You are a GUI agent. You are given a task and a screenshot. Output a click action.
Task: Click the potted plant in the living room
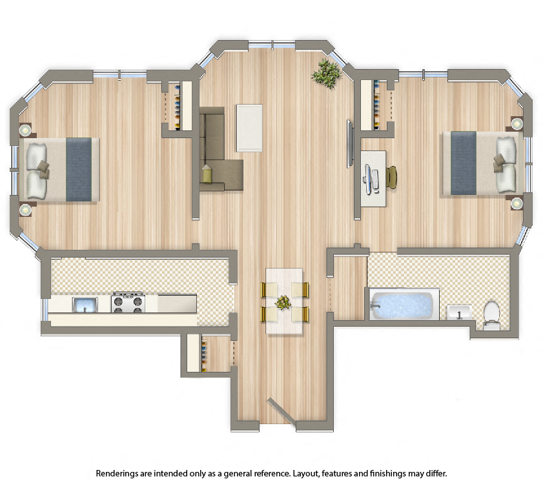click(x=326, y=73)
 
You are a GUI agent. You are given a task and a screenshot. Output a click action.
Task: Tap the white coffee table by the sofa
click(x=250, y=127)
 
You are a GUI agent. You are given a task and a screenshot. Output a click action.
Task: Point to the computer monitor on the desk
click(x=369, y=177)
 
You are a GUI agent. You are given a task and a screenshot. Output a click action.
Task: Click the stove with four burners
click(x=128, y=302)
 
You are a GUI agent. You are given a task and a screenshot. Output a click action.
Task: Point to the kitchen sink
click(x=85, y=303)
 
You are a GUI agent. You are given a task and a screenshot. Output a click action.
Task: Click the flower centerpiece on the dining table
click(x=283, y=302)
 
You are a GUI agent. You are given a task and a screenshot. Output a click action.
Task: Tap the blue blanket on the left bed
click(x=79, y=168)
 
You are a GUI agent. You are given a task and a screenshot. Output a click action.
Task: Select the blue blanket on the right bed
click(x=463, y=163)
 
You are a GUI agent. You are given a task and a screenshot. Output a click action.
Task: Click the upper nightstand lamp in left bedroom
click(x=25, y=130)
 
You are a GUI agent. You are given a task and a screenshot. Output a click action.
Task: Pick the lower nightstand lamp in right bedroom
click(x=517, y=203)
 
